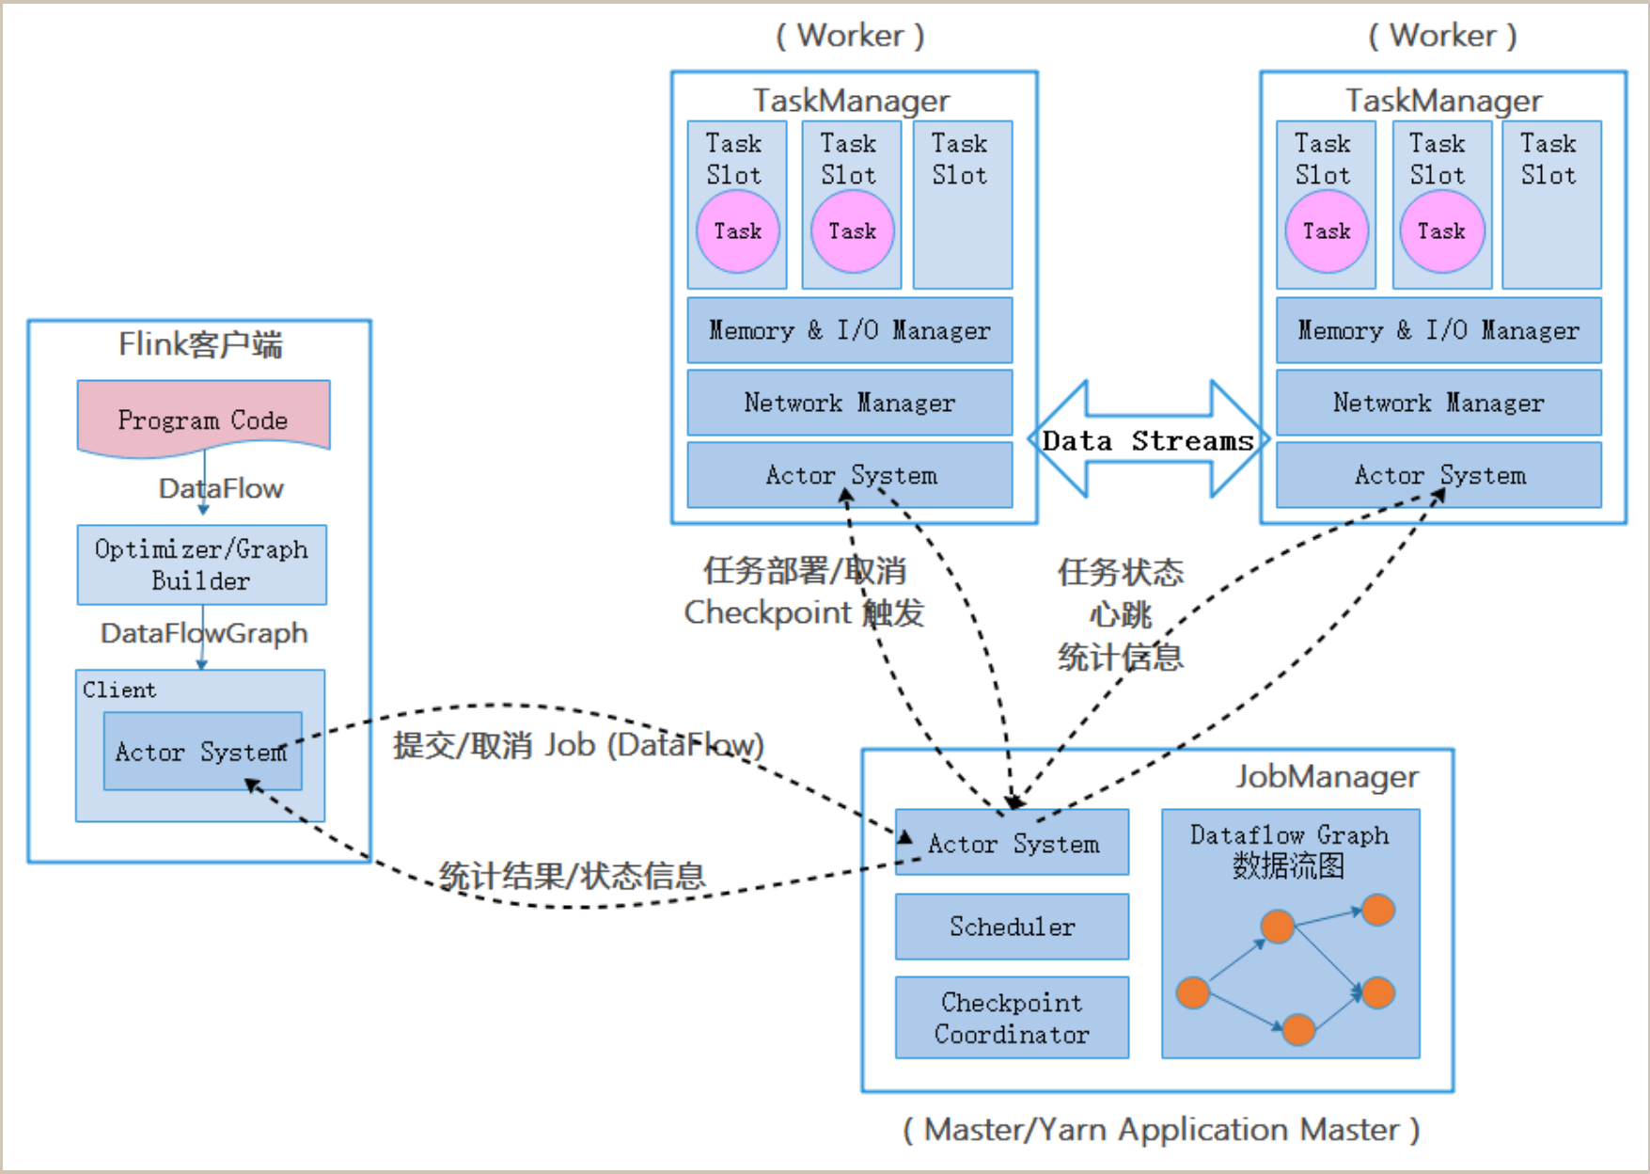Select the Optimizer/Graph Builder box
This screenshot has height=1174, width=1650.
click(202, 564)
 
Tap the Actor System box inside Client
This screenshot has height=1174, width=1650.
click(203, 751)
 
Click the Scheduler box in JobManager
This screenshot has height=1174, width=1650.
click(1012, 927)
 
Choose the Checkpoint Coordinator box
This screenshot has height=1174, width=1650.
click(1012, 1018)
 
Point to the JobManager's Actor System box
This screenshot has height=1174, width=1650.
click(1012, 843)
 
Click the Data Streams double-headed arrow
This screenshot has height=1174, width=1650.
click(1149, 439)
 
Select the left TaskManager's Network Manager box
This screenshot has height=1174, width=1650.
click(850, 403)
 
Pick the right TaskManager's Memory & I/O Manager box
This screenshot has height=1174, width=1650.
click(1438, 330)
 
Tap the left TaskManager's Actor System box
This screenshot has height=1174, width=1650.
click(850, 475)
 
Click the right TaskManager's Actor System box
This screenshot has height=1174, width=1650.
click(1438, 475)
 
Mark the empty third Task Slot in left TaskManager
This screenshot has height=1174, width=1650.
click(963, 204)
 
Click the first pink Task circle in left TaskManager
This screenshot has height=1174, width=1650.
click(738, 231)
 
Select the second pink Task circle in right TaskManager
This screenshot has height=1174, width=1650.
click(1442, 231)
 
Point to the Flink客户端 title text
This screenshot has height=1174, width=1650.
click(200, 344)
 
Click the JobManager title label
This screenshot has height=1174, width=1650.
click(1327, 776)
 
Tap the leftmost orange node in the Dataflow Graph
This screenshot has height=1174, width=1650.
click(1193, 992)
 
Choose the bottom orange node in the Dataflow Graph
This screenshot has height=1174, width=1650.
click(1298, 1029)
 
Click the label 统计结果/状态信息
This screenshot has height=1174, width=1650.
click(572, 876)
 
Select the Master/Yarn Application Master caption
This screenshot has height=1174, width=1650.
click(1161, 1130)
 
